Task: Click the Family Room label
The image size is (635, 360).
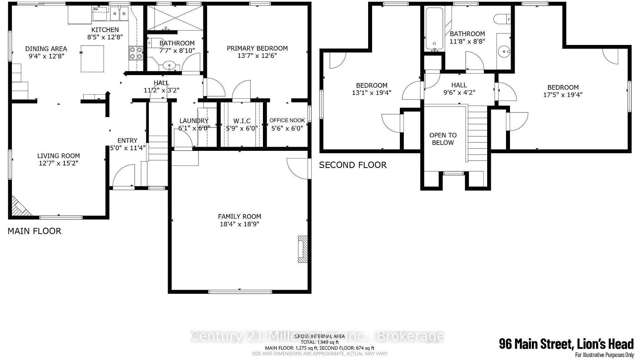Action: pos(239,216)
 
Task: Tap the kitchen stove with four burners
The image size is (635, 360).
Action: pos(136,53)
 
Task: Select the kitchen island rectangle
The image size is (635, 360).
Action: pos(93,59)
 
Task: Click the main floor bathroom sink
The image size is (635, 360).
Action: pos(170,66)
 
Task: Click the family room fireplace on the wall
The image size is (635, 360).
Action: pos(303,249)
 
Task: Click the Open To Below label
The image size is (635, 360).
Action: pos(443,139)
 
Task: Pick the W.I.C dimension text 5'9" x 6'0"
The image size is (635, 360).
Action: pos(242,128)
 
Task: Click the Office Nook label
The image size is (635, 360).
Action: pos(287,120)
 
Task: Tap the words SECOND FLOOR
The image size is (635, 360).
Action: pos(353,165)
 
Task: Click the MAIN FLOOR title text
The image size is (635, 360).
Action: pos(34,231)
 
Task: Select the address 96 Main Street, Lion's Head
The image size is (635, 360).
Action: pos(566,344)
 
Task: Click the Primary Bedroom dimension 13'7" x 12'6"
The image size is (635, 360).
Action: pos(257,56)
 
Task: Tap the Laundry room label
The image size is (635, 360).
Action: pos(194,121)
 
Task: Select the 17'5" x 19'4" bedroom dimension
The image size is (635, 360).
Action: pos(563,95)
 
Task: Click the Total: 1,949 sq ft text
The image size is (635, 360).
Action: pos(319,342)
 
